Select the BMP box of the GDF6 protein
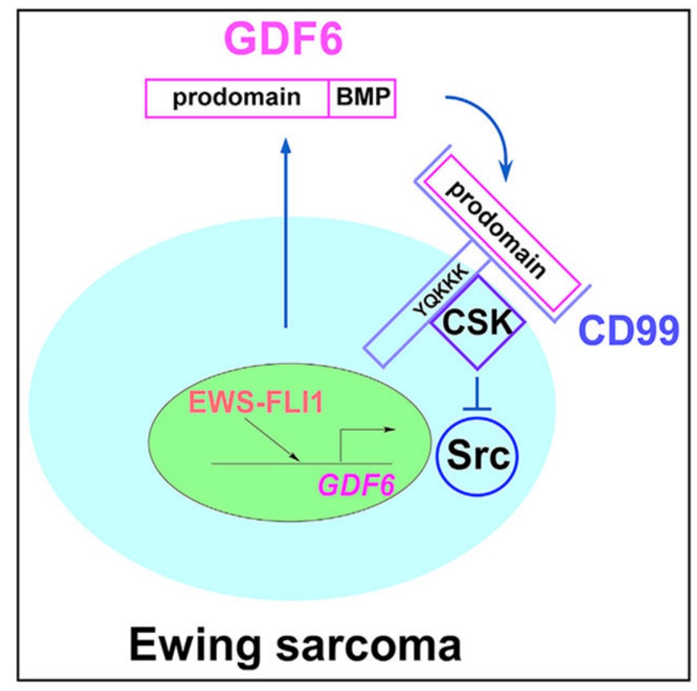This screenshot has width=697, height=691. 362,100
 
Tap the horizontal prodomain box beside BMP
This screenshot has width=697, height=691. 237,100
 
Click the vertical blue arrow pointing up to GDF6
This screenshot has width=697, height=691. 285,233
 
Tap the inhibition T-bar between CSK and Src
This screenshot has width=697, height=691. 476,399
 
